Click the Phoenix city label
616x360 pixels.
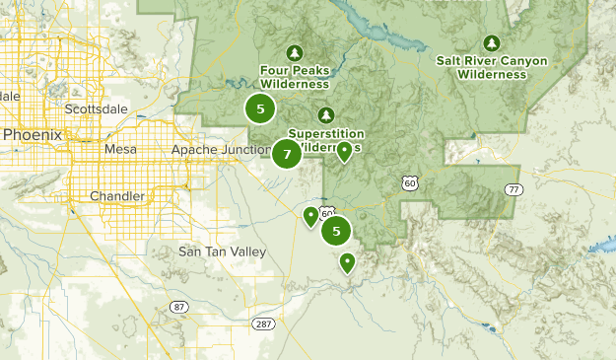(32, 134)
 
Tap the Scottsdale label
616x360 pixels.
(96, 108)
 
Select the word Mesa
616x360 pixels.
(120, 149)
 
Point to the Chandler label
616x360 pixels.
(116, 196)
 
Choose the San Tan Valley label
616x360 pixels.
(222, 252)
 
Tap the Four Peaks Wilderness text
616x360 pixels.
(295, 77)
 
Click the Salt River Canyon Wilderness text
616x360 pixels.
(493, 66)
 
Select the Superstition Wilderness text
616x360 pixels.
(326, 140)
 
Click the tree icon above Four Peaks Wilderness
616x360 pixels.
(293, 52)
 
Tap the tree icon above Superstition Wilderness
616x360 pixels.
(326, 114)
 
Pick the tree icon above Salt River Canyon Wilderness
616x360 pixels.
(492, 42)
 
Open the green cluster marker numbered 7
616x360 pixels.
(286, 154)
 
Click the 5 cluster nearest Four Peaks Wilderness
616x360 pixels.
(260, 108)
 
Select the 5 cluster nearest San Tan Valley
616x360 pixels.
(337, 231)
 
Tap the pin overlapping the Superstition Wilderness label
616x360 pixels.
(344, 151)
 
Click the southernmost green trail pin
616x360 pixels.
(347, 261)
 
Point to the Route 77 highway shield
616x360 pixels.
(513, 188)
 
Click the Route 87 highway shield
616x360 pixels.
(178, 307)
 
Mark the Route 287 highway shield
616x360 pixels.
(262, 324)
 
